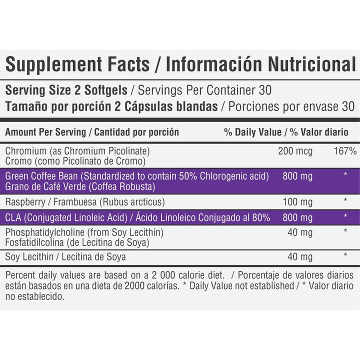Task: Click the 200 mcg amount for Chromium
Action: point(295,151)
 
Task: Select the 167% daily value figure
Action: point(345,151)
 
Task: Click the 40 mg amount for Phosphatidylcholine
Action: point(300,232)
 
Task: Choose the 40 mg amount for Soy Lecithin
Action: point(300,257)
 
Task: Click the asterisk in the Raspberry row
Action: point(345,202)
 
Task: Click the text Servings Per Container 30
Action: point(204,91)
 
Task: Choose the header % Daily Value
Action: point(252,132)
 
